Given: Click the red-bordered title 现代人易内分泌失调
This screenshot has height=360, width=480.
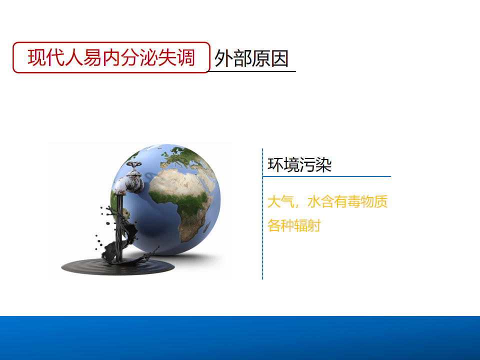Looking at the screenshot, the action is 111,57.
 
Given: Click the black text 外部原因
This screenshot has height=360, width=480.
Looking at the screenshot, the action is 251,58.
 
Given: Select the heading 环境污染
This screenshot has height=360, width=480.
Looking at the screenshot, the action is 299,164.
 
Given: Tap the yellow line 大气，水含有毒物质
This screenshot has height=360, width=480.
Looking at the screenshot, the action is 327,202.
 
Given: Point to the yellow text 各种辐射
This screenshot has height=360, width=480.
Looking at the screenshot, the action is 294,225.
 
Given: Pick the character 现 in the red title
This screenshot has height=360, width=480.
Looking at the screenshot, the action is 36,57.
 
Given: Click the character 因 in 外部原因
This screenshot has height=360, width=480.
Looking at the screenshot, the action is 279,58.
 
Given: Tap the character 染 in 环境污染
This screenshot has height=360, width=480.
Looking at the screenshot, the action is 323,164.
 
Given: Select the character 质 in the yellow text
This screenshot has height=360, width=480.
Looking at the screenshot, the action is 380,202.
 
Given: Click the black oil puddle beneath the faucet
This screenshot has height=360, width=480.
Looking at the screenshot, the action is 118,266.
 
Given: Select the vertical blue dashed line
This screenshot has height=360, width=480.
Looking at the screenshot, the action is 262,214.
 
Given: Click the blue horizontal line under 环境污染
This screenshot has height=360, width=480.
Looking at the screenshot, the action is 326,176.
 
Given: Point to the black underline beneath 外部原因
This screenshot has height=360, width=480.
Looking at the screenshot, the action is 251,71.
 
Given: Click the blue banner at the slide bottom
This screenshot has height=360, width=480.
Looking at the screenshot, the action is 240,338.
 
